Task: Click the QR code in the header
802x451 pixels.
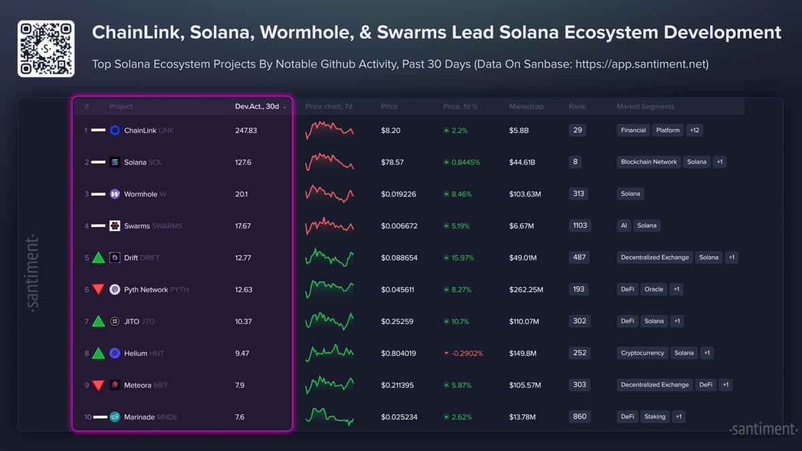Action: (x=45, y=49)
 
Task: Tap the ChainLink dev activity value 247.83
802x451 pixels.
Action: (x=246, y=130)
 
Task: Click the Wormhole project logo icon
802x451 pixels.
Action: (x=115, y=194)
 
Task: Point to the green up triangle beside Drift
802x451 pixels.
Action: (x=98, y=257)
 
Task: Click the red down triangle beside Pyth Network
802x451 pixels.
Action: (x=98, y=289)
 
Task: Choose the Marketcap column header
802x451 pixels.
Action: (x=526, y=107)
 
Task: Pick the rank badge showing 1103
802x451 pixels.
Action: (x=579, y=226)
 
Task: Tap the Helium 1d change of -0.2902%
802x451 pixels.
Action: (x=462, y=353)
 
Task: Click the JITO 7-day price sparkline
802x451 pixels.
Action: (x=329, y=321)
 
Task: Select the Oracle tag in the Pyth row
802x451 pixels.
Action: (x=654, y=289)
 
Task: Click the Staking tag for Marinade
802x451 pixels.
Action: (x=654, y=417)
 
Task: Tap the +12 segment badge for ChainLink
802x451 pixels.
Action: (x=694, y=130)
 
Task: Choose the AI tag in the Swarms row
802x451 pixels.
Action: (x=624, y=226)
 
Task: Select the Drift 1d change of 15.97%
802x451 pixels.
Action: (x=461, y=258)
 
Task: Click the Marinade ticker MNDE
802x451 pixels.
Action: (x=167, y=417)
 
